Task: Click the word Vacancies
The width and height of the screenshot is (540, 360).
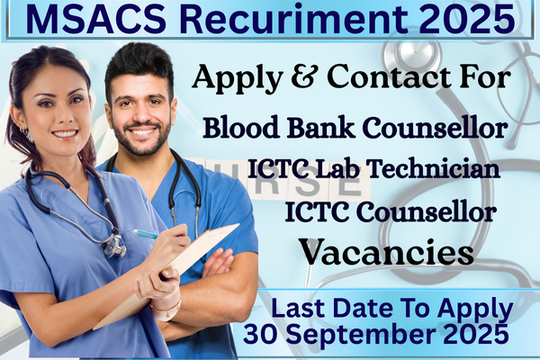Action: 387,251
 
